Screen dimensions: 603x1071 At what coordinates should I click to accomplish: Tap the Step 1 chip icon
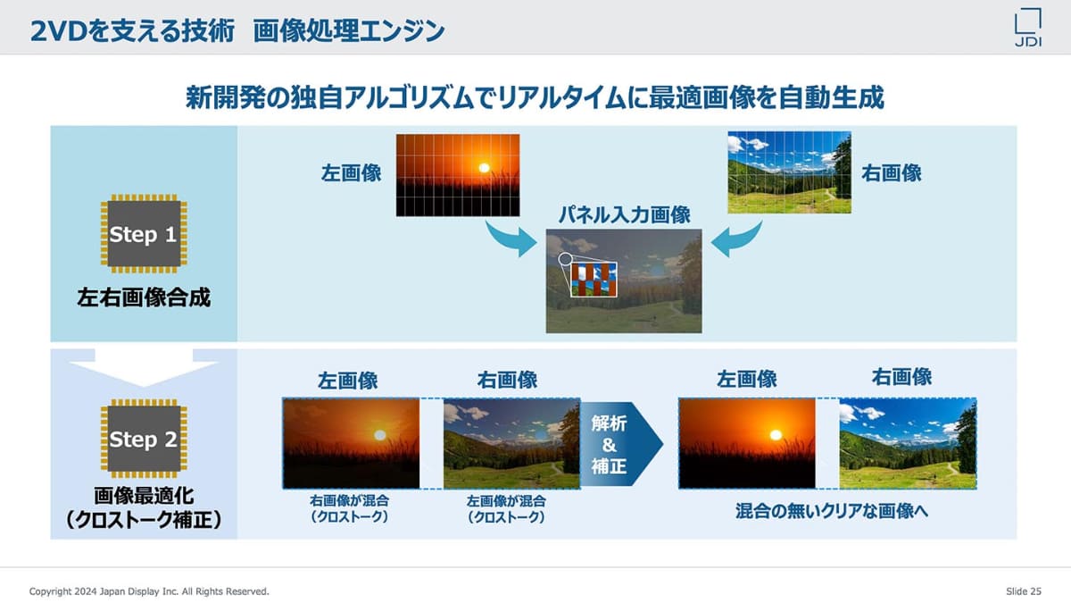coord(144,236)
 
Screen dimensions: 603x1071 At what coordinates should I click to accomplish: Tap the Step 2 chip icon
coord(144,440)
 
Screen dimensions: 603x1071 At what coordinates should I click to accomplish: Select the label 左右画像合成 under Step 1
coord(144,298)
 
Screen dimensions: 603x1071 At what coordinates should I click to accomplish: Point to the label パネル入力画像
coord(625,215)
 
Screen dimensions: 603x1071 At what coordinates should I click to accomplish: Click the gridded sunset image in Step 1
coord(457,174)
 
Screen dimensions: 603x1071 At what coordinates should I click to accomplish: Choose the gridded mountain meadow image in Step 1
coord(789,172)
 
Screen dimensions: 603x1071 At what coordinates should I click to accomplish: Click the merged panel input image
coord(624,281)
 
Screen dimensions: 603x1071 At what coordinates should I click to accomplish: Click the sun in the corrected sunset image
coord(776,434)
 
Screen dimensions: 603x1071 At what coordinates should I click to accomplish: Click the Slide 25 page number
coord(1023,591)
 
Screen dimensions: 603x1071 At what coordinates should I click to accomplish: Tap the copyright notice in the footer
coord(149,591)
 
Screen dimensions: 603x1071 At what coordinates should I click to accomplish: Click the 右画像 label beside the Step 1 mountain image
coord(891,173)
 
